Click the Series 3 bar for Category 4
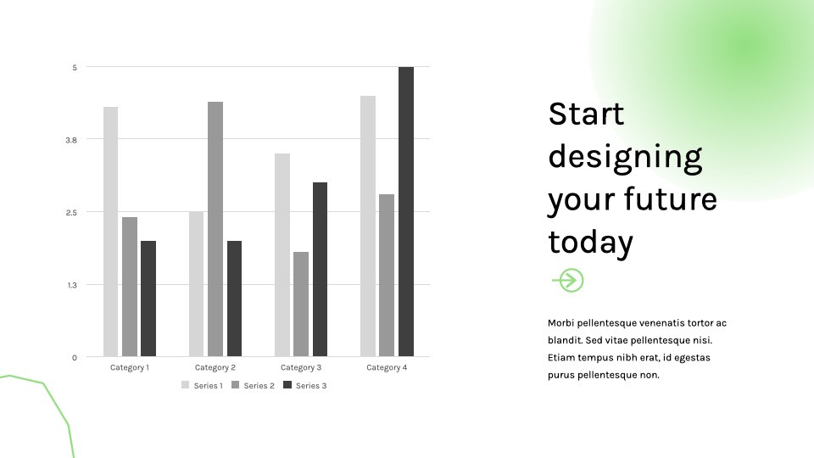[x=406, y=211]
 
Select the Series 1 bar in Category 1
[x=110, y=232]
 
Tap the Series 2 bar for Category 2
[x=215, y=229]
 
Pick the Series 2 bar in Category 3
[x=301, y=304]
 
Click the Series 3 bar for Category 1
[x=148, y=299]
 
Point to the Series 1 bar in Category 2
[x=196, y=284]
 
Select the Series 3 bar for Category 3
[x=320, y=269]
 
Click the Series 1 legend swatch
[x=186, y=385]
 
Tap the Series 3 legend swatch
[x=287, y=385]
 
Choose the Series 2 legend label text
[x=259, y=386]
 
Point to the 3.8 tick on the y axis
[x=71, y=140]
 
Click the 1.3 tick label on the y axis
[x=71, y=285]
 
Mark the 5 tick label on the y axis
[x=75, y=68]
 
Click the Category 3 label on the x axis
[x=301, y=367]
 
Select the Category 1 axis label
[x=130, y=367]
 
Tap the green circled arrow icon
[x=568, y=281]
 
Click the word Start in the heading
[x=586, y=114]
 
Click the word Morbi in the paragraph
[x=560, y=323]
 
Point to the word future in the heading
[x=670, y=199]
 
